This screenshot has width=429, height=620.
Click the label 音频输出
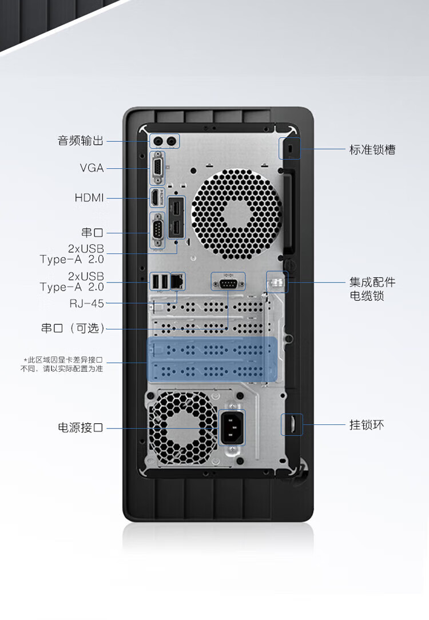pyautogui.click(x=81, y=141)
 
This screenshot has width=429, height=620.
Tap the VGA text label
pyautogui.click(x=92, y=168)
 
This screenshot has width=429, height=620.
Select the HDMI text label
pyautogui.click(x=89, y=198)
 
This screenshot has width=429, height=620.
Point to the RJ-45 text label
pyautogui.click(x=87, y=303)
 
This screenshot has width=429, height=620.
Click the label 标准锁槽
pyautogui.click(x=372, y=150)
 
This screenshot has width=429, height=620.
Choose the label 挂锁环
pyautogui.click(x=367, y=424)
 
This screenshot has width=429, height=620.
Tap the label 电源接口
pyautogui.click(x=81, y=427)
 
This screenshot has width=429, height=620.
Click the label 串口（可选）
pyautogui.click(x=73, y=328)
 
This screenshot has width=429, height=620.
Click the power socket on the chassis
pyautogui.click(x=232, y=427)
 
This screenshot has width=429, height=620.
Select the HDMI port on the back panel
pyautogui.click(x=155, y=198)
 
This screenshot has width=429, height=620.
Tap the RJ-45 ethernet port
pyautogui.click(x=178, y=281)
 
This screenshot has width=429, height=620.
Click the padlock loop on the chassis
pyautogui.click(x=291, y=424)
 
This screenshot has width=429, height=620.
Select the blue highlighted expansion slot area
pyautogui.click(x=212, y=359)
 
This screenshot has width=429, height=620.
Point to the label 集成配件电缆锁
pyautogui.click(x=372, y=289)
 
